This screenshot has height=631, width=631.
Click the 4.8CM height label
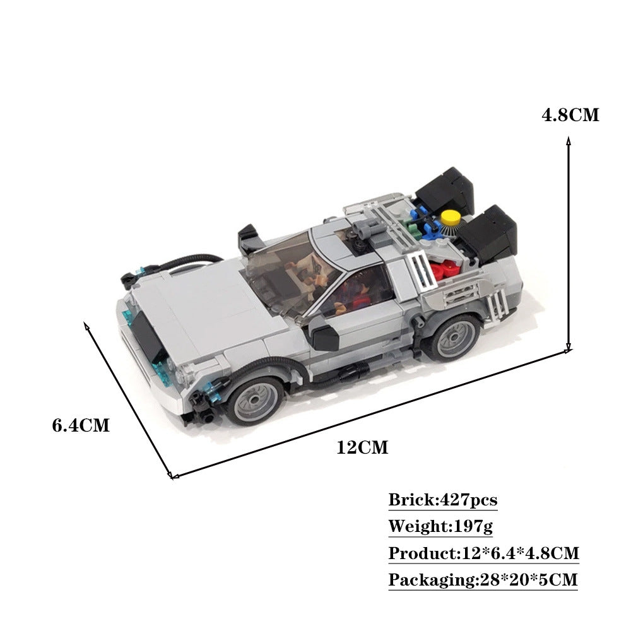(570, 115)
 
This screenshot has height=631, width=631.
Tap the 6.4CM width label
(81, 425)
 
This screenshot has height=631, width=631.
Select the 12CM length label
(362, 448)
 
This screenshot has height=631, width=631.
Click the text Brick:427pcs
(442, 500)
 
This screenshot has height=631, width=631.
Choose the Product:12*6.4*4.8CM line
(483, 553)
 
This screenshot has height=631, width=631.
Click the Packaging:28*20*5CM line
(483, 580)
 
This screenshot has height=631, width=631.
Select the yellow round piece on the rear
(450, 218)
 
